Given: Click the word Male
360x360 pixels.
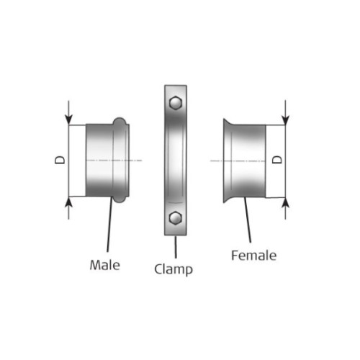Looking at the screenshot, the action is click(x=105, y=265).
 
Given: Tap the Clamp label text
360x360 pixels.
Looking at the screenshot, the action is click(x=174, y=269).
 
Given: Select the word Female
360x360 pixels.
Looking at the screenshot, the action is click(x=253, y=256).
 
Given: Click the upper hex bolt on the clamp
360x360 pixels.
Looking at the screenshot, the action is click(x=176, y=103).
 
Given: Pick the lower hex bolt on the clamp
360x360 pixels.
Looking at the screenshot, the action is click(x=176, y=218).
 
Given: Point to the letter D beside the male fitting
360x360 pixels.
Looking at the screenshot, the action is click(x=60, y=160).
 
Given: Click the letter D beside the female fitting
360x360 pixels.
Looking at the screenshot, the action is click(x=277, y=160).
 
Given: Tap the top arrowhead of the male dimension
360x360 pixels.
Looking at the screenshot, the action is click(x=68, y=120).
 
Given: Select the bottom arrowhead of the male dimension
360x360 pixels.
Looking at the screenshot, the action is click(x=68, y=202).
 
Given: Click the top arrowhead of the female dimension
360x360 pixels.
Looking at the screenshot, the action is click(x=285, y=120).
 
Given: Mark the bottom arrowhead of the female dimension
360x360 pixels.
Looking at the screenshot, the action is click(x=285, y=203).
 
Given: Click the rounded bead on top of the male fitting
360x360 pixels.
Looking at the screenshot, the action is click(x=120, y=121).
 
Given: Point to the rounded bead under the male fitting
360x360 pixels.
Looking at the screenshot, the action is click(x=120, y=199).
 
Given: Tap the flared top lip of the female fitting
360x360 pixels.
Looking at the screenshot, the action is click(x=228, y=122).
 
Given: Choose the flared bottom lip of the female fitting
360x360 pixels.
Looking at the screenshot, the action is click(x=228, y=199).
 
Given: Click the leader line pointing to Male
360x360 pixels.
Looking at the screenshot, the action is click(x=109, y=224).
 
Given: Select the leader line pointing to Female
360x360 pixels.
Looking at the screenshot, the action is click(x=248, y=220).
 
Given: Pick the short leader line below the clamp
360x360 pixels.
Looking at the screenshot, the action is click(x=176, y=247).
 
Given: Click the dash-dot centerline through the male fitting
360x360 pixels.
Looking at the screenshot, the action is click(x=114, y=161).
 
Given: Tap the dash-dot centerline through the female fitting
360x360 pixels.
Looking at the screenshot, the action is click(x=238, y=161).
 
